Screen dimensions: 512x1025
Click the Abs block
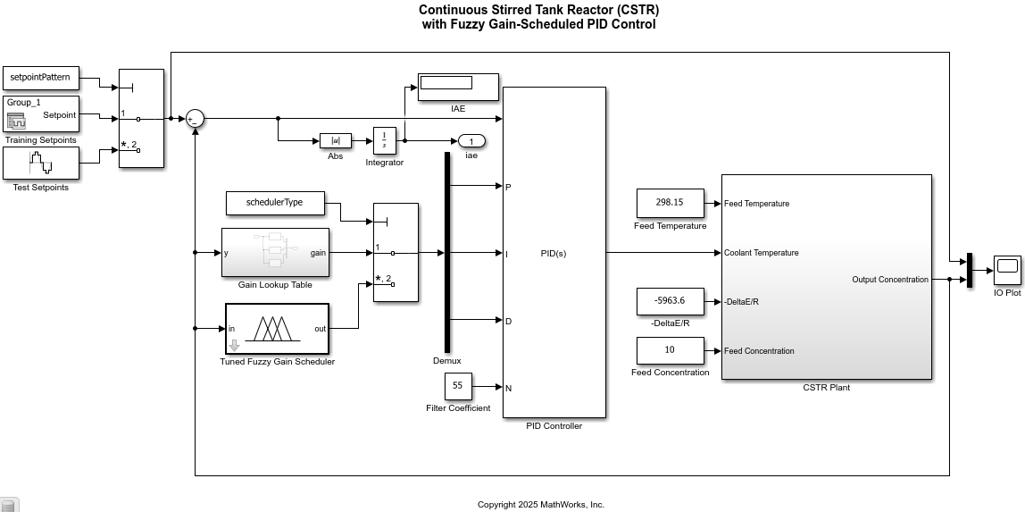click(x=336, y=140)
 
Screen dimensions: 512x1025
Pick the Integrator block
click(x=384, y=140)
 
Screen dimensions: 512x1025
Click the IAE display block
click(x=457, y=87)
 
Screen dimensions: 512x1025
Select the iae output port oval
click(x=471, y=141)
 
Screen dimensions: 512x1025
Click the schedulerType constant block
click(x=275, y=203)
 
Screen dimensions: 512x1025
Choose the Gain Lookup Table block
click(x=275, y=253)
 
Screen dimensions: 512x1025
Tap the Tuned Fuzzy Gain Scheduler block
click(x=277, y=329)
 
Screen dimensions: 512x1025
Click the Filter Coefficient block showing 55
click(x=458, y=386)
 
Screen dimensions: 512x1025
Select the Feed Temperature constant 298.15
click(x=670, y=203)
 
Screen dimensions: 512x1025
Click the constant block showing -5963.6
click(x=670, y=301)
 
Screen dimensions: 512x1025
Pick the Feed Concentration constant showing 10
click(x=670, y=350)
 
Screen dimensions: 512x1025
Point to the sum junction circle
click(x=195, y=119)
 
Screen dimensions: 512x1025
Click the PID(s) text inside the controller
click(x=554, y=254)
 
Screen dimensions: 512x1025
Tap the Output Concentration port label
click(x=889, y=280)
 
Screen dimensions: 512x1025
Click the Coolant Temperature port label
click(x=761, y=253)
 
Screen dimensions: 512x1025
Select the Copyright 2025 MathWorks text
click(x=540, y=505)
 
